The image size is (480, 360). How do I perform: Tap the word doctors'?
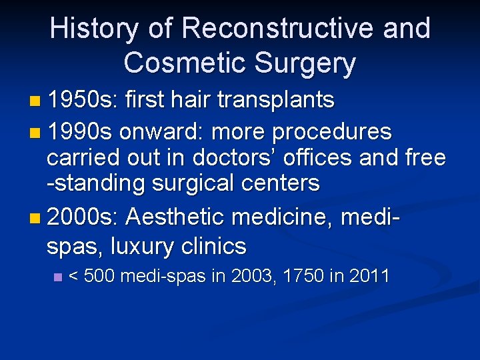tap(233, 157)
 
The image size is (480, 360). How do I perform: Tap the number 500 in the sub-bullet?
tap(101, 276)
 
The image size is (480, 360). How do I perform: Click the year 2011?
tap(369, 276)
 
